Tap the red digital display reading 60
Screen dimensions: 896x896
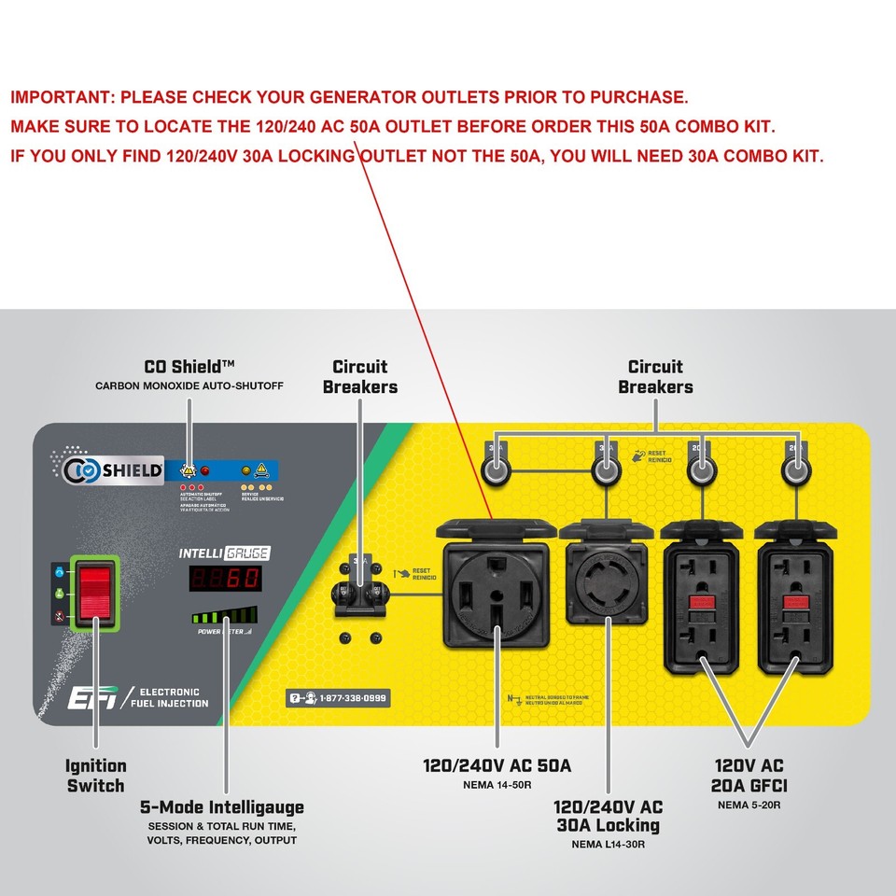pos(224,579)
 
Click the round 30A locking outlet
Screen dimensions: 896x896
pos(608,590)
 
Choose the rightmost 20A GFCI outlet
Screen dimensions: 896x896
pos(794,607)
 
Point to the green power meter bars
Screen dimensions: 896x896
pos(225,616)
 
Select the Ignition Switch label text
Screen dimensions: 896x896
pos(95,776)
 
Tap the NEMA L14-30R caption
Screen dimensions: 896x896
pos(608,844)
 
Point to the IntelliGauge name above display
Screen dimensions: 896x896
pos(223,553)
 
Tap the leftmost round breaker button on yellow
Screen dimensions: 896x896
pos(495,473)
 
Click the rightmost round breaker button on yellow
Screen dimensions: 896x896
pos(794,473)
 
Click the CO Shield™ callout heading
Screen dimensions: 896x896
pos(189,367)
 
